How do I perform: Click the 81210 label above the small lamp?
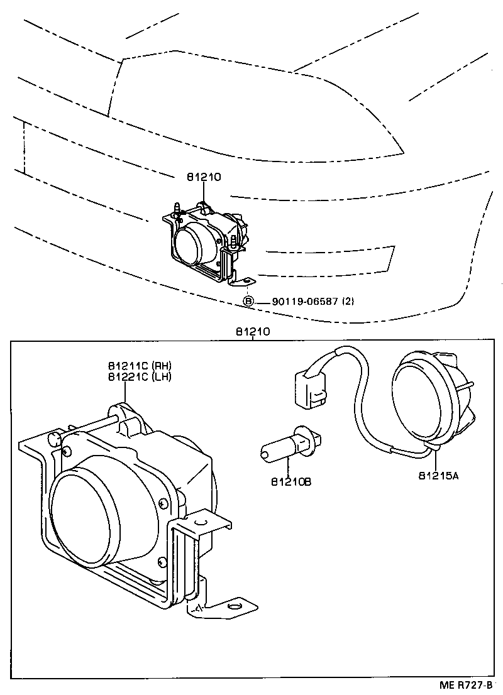pyautogui.click(x=203, y=178)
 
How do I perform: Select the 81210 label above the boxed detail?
pyautogui.click(x=253, y=331)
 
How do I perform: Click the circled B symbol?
pyautogui.click(x=248, y=301)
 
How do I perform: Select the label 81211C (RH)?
pyautogui.click(x=138, y=366)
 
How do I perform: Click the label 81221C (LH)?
pyautogui.click(x=138, y=376)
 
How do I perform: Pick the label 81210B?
pyautogui.click(x=291, y=482)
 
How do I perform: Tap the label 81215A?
pyautogui.click(x=438, y=476)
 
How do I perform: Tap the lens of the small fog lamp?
pyautogui.click(x=191, y=245)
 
